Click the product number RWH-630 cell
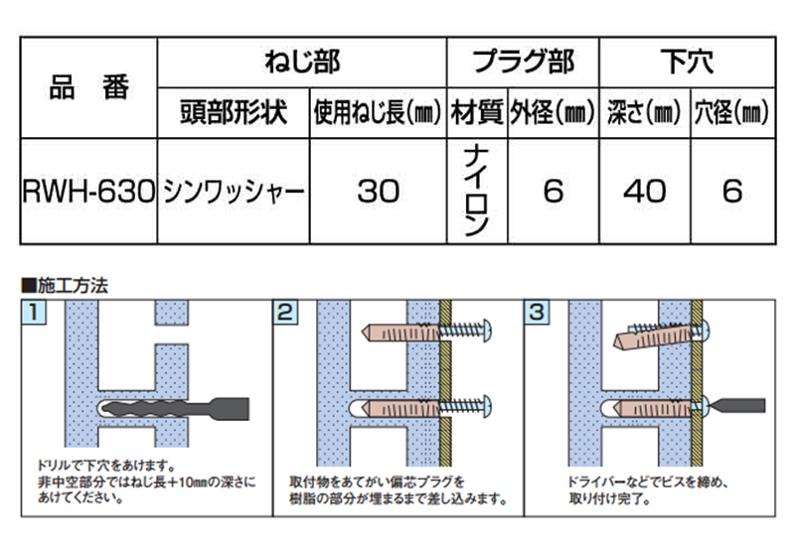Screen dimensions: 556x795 [x=87, y=192]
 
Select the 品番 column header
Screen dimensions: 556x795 [x=87, y=87]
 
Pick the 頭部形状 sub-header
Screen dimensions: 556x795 [x=233, y=112]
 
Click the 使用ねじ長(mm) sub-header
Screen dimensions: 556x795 [x=378, y=112]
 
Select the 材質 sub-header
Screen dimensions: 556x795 [x=477, y=112]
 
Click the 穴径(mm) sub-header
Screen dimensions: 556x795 [x=733, y=112]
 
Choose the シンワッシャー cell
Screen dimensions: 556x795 [x=233, y=192]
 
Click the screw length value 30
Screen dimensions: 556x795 [x=378, y=192]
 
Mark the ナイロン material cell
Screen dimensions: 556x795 [x=477, y=192]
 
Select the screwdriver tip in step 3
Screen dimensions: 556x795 [x=735, y=405]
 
